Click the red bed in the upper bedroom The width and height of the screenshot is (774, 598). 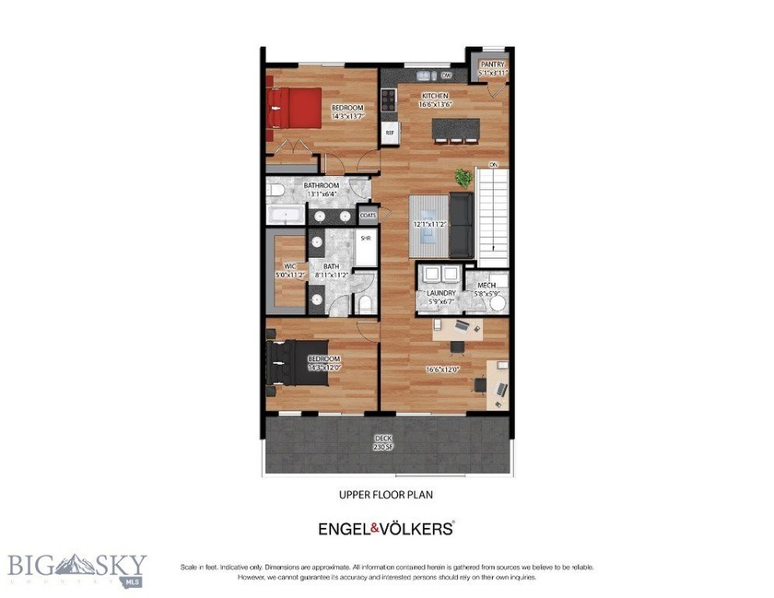coord(294,108)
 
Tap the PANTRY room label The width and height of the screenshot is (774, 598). coord(491,64)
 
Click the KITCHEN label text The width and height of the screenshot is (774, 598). coord(435,96)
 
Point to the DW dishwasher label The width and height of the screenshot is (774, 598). coord(446,76)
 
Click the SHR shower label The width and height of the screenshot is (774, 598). coord(365,239)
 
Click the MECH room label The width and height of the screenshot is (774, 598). coord(486,286)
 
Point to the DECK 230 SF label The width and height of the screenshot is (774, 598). coord(382,441)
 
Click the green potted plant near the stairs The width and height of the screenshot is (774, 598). coord(463,176)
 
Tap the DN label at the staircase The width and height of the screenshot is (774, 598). coord(494,165)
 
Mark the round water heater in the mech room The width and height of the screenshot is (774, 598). coord(498,302)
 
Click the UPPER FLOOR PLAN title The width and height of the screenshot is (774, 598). coord(386,495)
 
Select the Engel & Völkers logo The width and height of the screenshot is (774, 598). coord(386,528)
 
